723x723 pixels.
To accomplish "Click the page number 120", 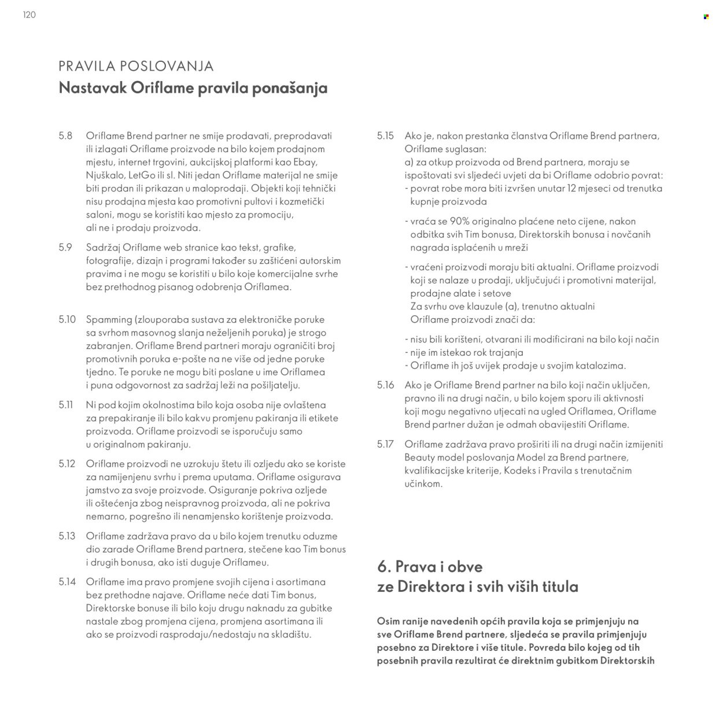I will coord(29,15).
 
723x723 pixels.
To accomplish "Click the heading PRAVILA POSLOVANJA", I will coord(136,66).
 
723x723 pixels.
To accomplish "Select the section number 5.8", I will coord(65,136).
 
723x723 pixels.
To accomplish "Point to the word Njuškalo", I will coord(105,175).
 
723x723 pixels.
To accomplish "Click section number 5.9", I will coord(65,248).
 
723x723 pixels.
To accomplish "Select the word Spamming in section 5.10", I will coord(108,320).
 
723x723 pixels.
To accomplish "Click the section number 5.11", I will coord(65,405).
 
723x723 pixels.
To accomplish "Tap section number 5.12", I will coord(67,464).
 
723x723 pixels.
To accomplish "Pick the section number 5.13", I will coord(67,536).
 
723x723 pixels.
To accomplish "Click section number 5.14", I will coord(67,582).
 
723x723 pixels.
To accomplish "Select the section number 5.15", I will coord(385,136).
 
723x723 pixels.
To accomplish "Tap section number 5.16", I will coord(385,385).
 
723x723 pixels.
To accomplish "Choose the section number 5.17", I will coord(385,444).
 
